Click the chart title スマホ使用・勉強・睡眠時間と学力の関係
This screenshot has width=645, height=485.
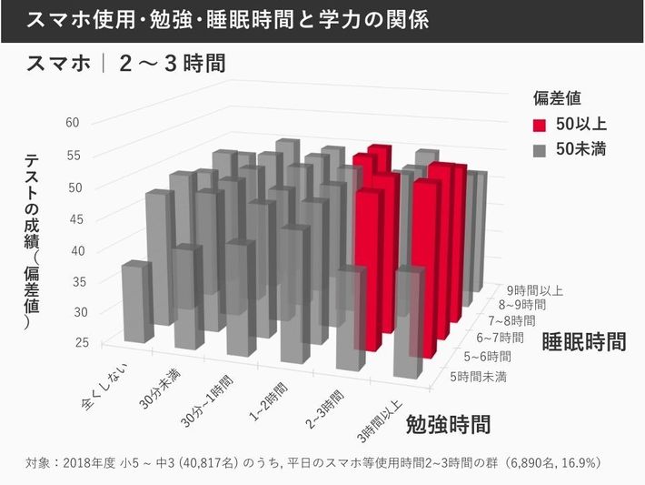[x=227, y=19]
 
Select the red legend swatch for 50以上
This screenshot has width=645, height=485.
[x=540, y=125]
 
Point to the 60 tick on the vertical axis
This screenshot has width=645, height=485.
[x=74, y=123]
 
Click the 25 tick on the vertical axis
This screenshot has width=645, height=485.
[x=74, y=342]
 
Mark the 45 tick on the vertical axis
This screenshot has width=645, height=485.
[x=74, y=218]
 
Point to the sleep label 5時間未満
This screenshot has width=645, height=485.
[x=481, y=374]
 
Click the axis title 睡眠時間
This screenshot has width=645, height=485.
[x=583, y=342]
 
